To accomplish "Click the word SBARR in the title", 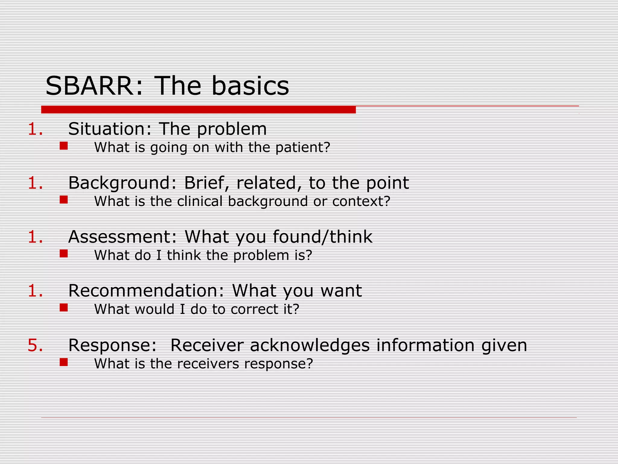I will point(89,86).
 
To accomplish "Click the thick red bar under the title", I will point(198,110).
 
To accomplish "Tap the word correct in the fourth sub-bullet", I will point(254,309).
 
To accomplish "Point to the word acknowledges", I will point(310,345).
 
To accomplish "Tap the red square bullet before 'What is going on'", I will point(64,146).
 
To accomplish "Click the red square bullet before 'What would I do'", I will point(64,308).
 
